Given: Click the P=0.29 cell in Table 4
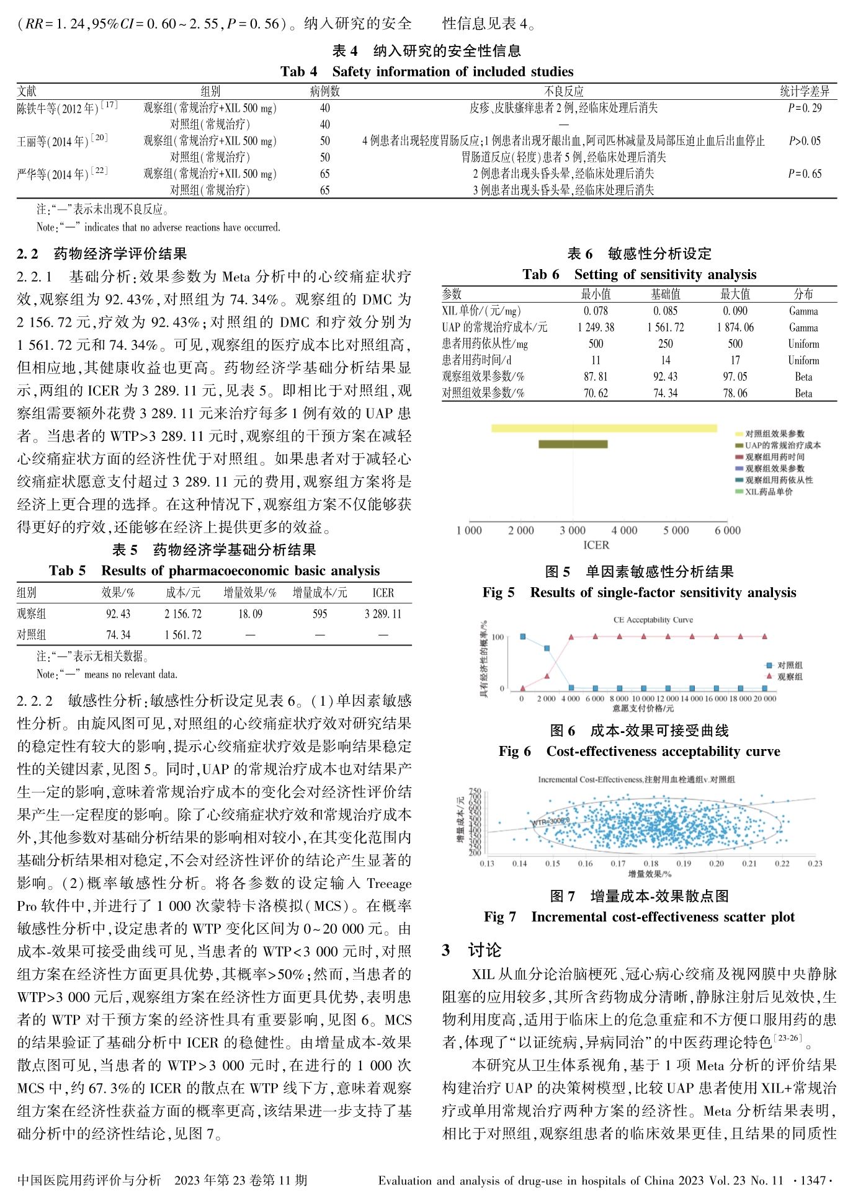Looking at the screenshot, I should (x=805, y=108).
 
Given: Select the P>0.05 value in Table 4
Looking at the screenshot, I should (x=805, y=141).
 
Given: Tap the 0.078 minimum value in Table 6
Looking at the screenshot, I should (x=596, y=311).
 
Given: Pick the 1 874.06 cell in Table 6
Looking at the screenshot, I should (x=735, y=327).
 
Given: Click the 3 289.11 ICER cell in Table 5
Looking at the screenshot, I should (x=383, y=614).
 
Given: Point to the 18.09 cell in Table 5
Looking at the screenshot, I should (x=250, y=614).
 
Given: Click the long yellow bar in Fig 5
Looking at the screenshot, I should (x=604, y=428).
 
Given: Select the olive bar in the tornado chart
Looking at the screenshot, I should (x=573, y=444).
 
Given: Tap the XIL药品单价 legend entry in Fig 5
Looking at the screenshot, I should (x=769, y=492).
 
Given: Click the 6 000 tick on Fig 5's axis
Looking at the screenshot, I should (x=728, y=530).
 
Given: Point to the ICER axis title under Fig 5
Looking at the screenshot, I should (x=596, y=545).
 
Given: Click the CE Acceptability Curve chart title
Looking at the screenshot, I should (x=653, y=619).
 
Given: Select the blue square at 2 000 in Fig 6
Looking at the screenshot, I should (x=547, y=649).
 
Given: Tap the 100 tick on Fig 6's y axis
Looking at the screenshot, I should (x=498, y=637).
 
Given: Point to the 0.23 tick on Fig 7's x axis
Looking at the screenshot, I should (x=815, y=863).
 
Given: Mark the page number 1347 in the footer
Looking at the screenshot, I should (x=813, y=1180).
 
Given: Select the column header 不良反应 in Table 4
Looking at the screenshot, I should (x=563, y=91).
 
